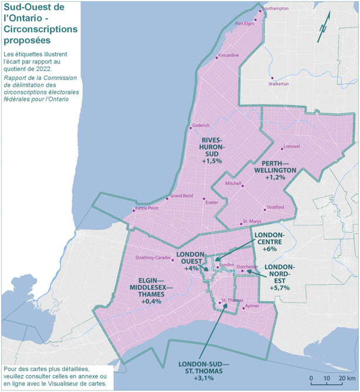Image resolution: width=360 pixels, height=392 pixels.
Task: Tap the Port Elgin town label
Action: click(x=244, y=24)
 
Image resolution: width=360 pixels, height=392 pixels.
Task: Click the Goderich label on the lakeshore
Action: click(x=201, y=126)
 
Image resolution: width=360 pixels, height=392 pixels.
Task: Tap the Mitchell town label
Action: click(x=233, y=183)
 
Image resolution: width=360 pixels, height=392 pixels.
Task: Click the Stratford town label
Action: click(x=275, y=207)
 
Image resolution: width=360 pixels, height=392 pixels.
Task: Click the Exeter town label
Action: click(x=211, y=202)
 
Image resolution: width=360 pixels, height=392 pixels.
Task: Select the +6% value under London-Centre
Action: click(x=270, y=249)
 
